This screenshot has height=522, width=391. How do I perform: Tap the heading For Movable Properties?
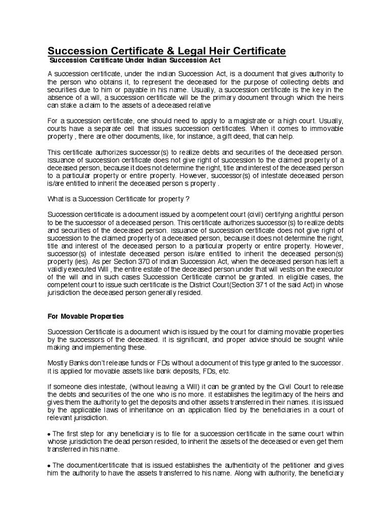pos(86,316)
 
